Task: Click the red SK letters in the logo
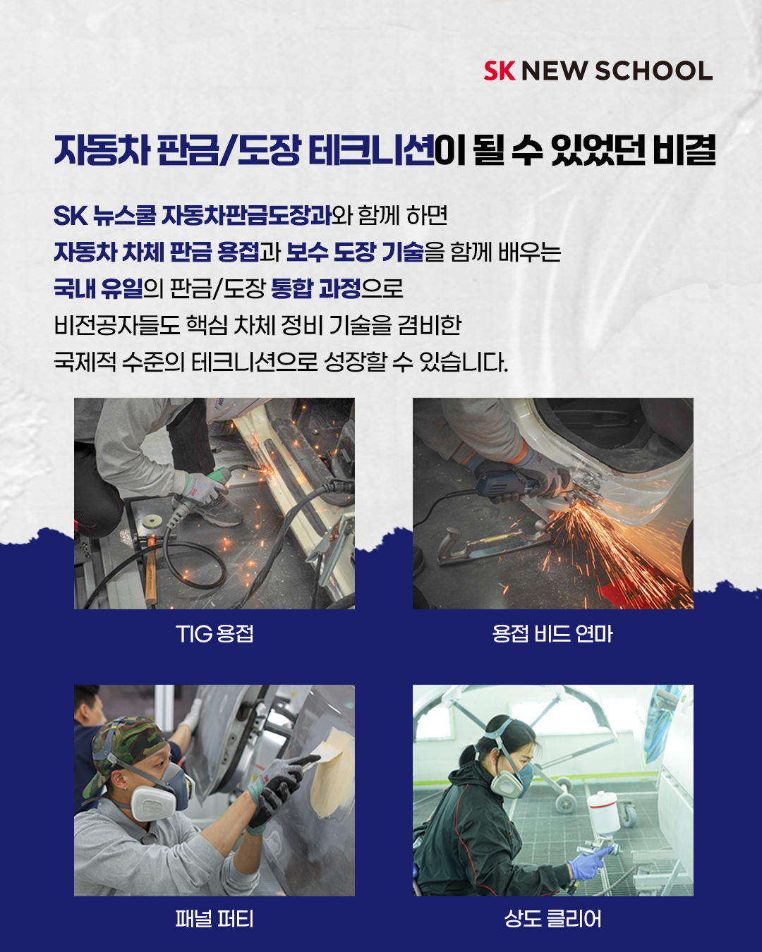pos(500,71)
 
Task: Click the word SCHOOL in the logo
pos(653,71)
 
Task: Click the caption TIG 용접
pos(214,634)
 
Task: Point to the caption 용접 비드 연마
pos(552,634)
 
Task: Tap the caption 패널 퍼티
pos(214,919)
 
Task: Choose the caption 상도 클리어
pos(552,919)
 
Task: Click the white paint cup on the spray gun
pos(603,810)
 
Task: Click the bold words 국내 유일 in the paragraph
pos(98,289)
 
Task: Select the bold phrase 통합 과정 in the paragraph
pos(315,289)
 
